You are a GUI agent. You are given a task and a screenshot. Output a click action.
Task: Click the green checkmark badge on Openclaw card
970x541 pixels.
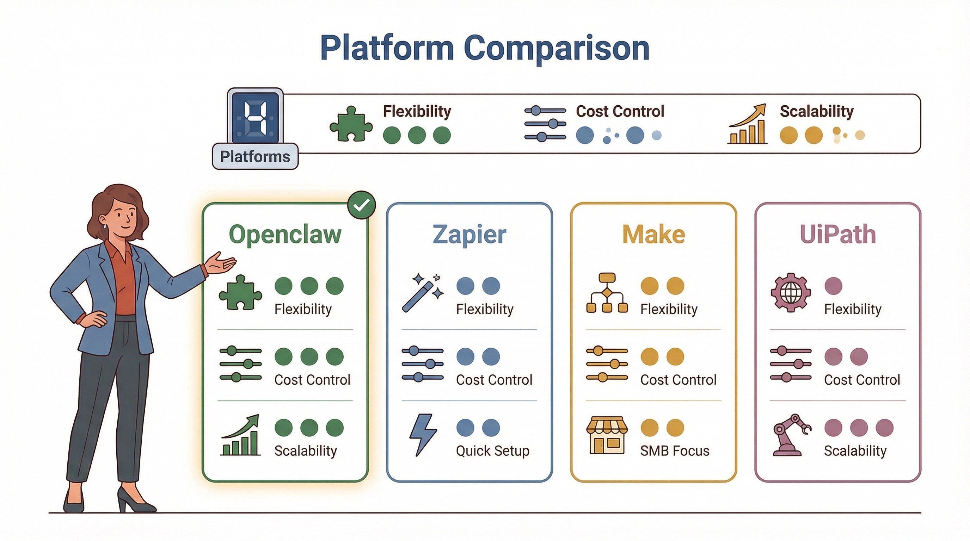361,205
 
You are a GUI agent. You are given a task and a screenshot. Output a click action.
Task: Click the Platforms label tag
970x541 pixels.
255,156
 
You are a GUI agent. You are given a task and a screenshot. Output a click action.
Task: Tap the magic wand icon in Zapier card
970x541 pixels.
422,293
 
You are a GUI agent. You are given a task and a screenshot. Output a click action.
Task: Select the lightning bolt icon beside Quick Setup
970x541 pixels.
423,435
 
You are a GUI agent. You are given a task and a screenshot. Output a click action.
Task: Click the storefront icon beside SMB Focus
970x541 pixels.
607,435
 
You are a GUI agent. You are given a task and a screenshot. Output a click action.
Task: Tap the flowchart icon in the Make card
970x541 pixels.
607,293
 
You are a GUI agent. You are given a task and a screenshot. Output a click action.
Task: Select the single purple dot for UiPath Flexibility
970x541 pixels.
833,286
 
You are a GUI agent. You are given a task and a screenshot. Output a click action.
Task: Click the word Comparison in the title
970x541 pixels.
557,48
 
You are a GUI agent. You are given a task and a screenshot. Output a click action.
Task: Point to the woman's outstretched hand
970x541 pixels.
220,263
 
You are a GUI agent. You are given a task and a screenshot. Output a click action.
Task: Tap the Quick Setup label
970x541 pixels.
492,450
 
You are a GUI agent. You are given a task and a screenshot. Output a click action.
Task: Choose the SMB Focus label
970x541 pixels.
674,450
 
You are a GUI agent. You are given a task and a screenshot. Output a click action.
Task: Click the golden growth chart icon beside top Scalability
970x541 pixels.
748,124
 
